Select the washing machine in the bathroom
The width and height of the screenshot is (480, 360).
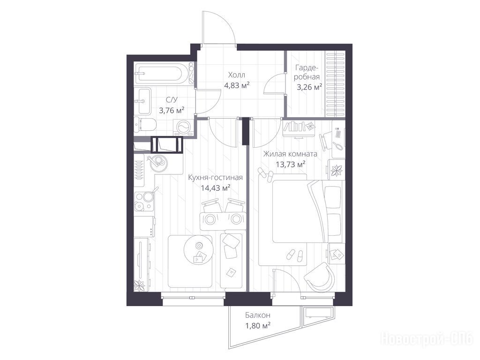(183, 127)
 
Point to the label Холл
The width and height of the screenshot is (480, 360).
(237, 75)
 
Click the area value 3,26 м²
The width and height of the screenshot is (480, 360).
(309, 87)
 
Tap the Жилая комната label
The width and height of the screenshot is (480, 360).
(290, 154)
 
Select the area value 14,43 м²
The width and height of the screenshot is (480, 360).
(216, 187)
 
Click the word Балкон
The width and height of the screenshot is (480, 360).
(257, 315)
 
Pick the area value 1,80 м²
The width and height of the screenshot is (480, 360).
(257, 325)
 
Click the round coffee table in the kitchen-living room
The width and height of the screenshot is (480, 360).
(199, 249)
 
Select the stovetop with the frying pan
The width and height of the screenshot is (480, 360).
(144, 201)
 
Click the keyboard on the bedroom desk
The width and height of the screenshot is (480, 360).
(338, 134)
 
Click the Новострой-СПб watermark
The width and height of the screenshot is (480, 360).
(427, 339)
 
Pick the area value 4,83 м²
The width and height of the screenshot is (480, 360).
(237, 85)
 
